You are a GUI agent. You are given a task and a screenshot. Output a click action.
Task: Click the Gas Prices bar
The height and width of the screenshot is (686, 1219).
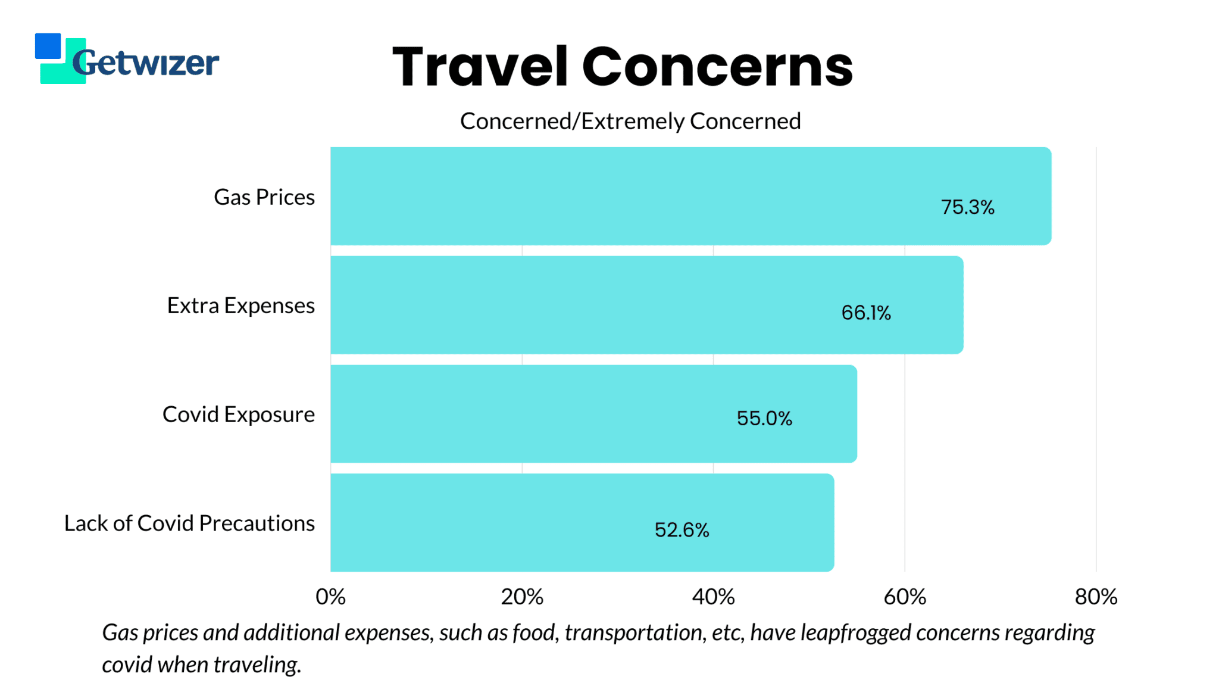[690, 196]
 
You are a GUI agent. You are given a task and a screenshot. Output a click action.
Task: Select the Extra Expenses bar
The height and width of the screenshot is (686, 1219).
[646, 305]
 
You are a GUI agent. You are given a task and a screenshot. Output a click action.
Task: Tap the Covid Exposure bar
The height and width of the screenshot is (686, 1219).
[593, 414]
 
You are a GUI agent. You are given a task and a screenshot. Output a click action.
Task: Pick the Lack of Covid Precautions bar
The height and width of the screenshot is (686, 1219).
[582, 522]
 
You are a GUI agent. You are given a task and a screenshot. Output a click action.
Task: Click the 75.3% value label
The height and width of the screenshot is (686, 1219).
[967, 207]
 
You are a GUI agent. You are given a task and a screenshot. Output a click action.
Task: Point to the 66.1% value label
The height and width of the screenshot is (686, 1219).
[866, 313]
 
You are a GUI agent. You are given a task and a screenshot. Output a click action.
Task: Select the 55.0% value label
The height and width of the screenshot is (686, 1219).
[764, 418]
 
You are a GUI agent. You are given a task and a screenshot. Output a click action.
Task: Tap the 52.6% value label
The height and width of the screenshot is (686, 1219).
[682, 529]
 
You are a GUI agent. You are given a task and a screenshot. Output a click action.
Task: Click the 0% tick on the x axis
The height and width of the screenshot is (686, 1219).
[330, 597]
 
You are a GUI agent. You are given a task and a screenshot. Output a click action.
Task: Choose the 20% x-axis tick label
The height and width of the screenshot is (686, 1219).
[522, 597]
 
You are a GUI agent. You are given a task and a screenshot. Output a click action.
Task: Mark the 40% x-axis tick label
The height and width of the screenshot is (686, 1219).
[713, 597]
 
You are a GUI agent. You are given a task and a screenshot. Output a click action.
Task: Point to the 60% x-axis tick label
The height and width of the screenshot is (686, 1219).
[905, 597]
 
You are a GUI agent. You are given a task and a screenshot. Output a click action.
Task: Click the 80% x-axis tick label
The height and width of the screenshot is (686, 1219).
[1096, 597]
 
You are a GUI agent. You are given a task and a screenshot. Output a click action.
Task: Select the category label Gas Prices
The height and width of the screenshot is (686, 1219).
[264, 197]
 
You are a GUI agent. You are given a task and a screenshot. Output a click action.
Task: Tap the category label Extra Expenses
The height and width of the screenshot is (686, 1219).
[240, 305]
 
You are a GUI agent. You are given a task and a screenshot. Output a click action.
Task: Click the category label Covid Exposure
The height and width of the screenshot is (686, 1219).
[239, 414]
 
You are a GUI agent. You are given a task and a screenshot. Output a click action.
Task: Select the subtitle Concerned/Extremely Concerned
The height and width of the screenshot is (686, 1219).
[630, 121]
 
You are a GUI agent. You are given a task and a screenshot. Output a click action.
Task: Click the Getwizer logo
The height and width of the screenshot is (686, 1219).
[127, 60]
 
